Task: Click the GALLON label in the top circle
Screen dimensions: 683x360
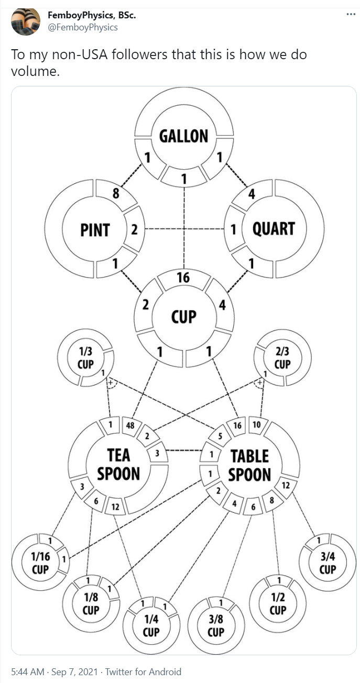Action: tap(183, 136)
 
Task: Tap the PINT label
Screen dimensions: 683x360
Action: tap(95, 230)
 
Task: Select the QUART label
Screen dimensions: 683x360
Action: tap(274, 229)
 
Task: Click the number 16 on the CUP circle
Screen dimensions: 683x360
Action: tap(183, 278)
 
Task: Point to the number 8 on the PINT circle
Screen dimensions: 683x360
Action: tap(116, 194)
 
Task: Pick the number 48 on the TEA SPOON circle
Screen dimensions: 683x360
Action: tap(129, 425)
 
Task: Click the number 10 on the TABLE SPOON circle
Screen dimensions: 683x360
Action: tap(256, 424)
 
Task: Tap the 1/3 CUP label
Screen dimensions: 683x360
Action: tap(85, 358)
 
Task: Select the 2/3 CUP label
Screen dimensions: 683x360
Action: tap(282, 358)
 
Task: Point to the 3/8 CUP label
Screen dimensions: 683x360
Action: tap(216, 625)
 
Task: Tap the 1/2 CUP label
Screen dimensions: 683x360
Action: tap(277, 604)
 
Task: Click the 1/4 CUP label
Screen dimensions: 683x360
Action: tap(151, 625)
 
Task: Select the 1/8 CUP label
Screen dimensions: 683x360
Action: tap(91, 604)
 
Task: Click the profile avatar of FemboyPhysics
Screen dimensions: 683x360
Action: tap(26, 22)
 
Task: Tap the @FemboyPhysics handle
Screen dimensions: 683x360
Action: tap(83, 28)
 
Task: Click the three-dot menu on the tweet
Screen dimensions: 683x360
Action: tap(351, 14)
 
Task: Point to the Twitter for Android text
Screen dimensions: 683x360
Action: tap(143, 671)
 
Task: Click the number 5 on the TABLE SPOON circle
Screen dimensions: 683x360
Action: tap(221, 435)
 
